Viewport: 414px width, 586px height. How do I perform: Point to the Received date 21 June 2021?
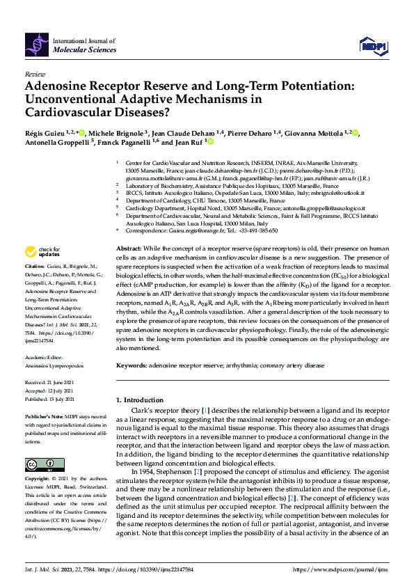pyautogui.click(x=58, y=382)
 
